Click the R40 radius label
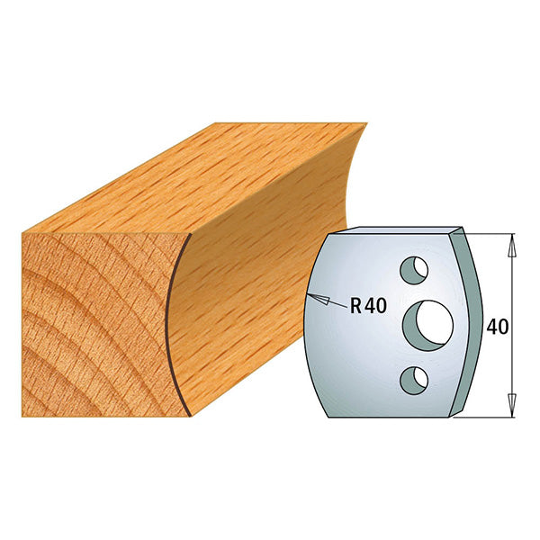[368, 305]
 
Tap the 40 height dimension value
[498, 326]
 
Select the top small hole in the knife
[414, 267]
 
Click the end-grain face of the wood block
[90, 324]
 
